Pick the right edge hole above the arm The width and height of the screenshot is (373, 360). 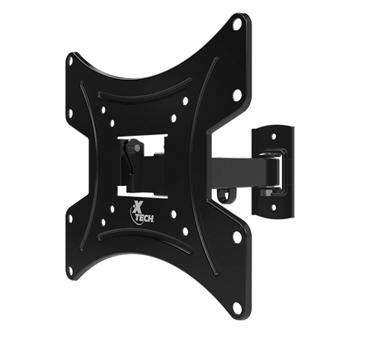tap(237, 93)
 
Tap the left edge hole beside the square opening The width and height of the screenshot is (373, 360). tap(70, 113)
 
